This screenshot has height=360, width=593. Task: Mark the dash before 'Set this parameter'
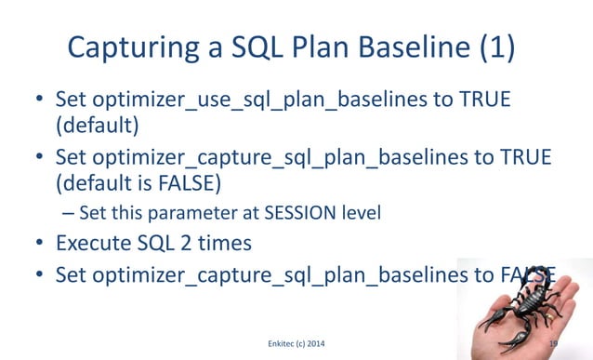(67, 213)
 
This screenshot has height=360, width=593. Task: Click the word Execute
(94, 245)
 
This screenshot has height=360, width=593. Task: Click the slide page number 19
(554, 343)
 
